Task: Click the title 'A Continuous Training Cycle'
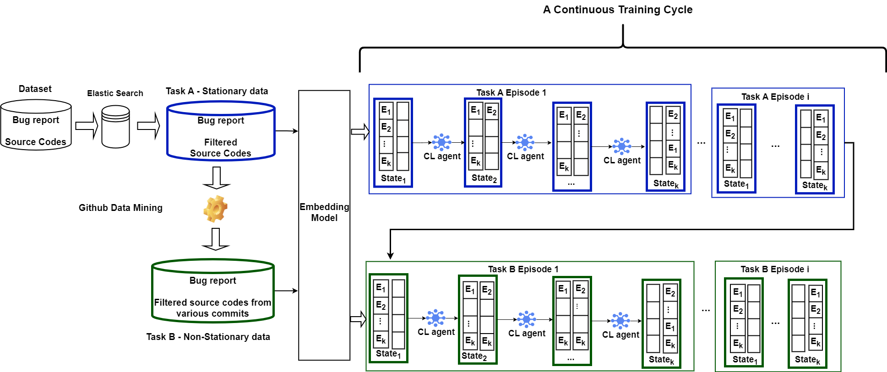(x=617, y=10)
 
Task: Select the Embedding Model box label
(x=324, y=212)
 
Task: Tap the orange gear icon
(x=215, y=209)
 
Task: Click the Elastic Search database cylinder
(x=115, y=127)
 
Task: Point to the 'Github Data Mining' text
(x=120, y=208)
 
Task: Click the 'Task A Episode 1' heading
(x=511, y=92)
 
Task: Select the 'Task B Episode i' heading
(x=774, y=269)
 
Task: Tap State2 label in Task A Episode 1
(x=484, y=178)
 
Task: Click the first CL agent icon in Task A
(x=441, y=142)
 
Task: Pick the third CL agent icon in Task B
(x=620, y=321)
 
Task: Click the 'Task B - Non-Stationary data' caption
(x=208, y=337)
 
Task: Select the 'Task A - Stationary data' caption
(x=217, y=91)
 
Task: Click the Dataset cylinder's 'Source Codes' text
(x=36, y=142)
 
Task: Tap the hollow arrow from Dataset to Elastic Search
(x=87, y=126)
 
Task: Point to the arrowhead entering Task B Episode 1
(x=390, y=255)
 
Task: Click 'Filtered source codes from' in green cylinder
(x=212, y=302)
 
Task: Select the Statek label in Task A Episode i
(x=815, y=185)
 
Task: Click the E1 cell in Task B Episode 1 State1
(x=381, y=288)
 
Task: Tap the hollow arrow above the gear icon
(x=216, y=178)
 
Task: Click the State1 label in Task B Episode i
(x=745, y=360)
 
